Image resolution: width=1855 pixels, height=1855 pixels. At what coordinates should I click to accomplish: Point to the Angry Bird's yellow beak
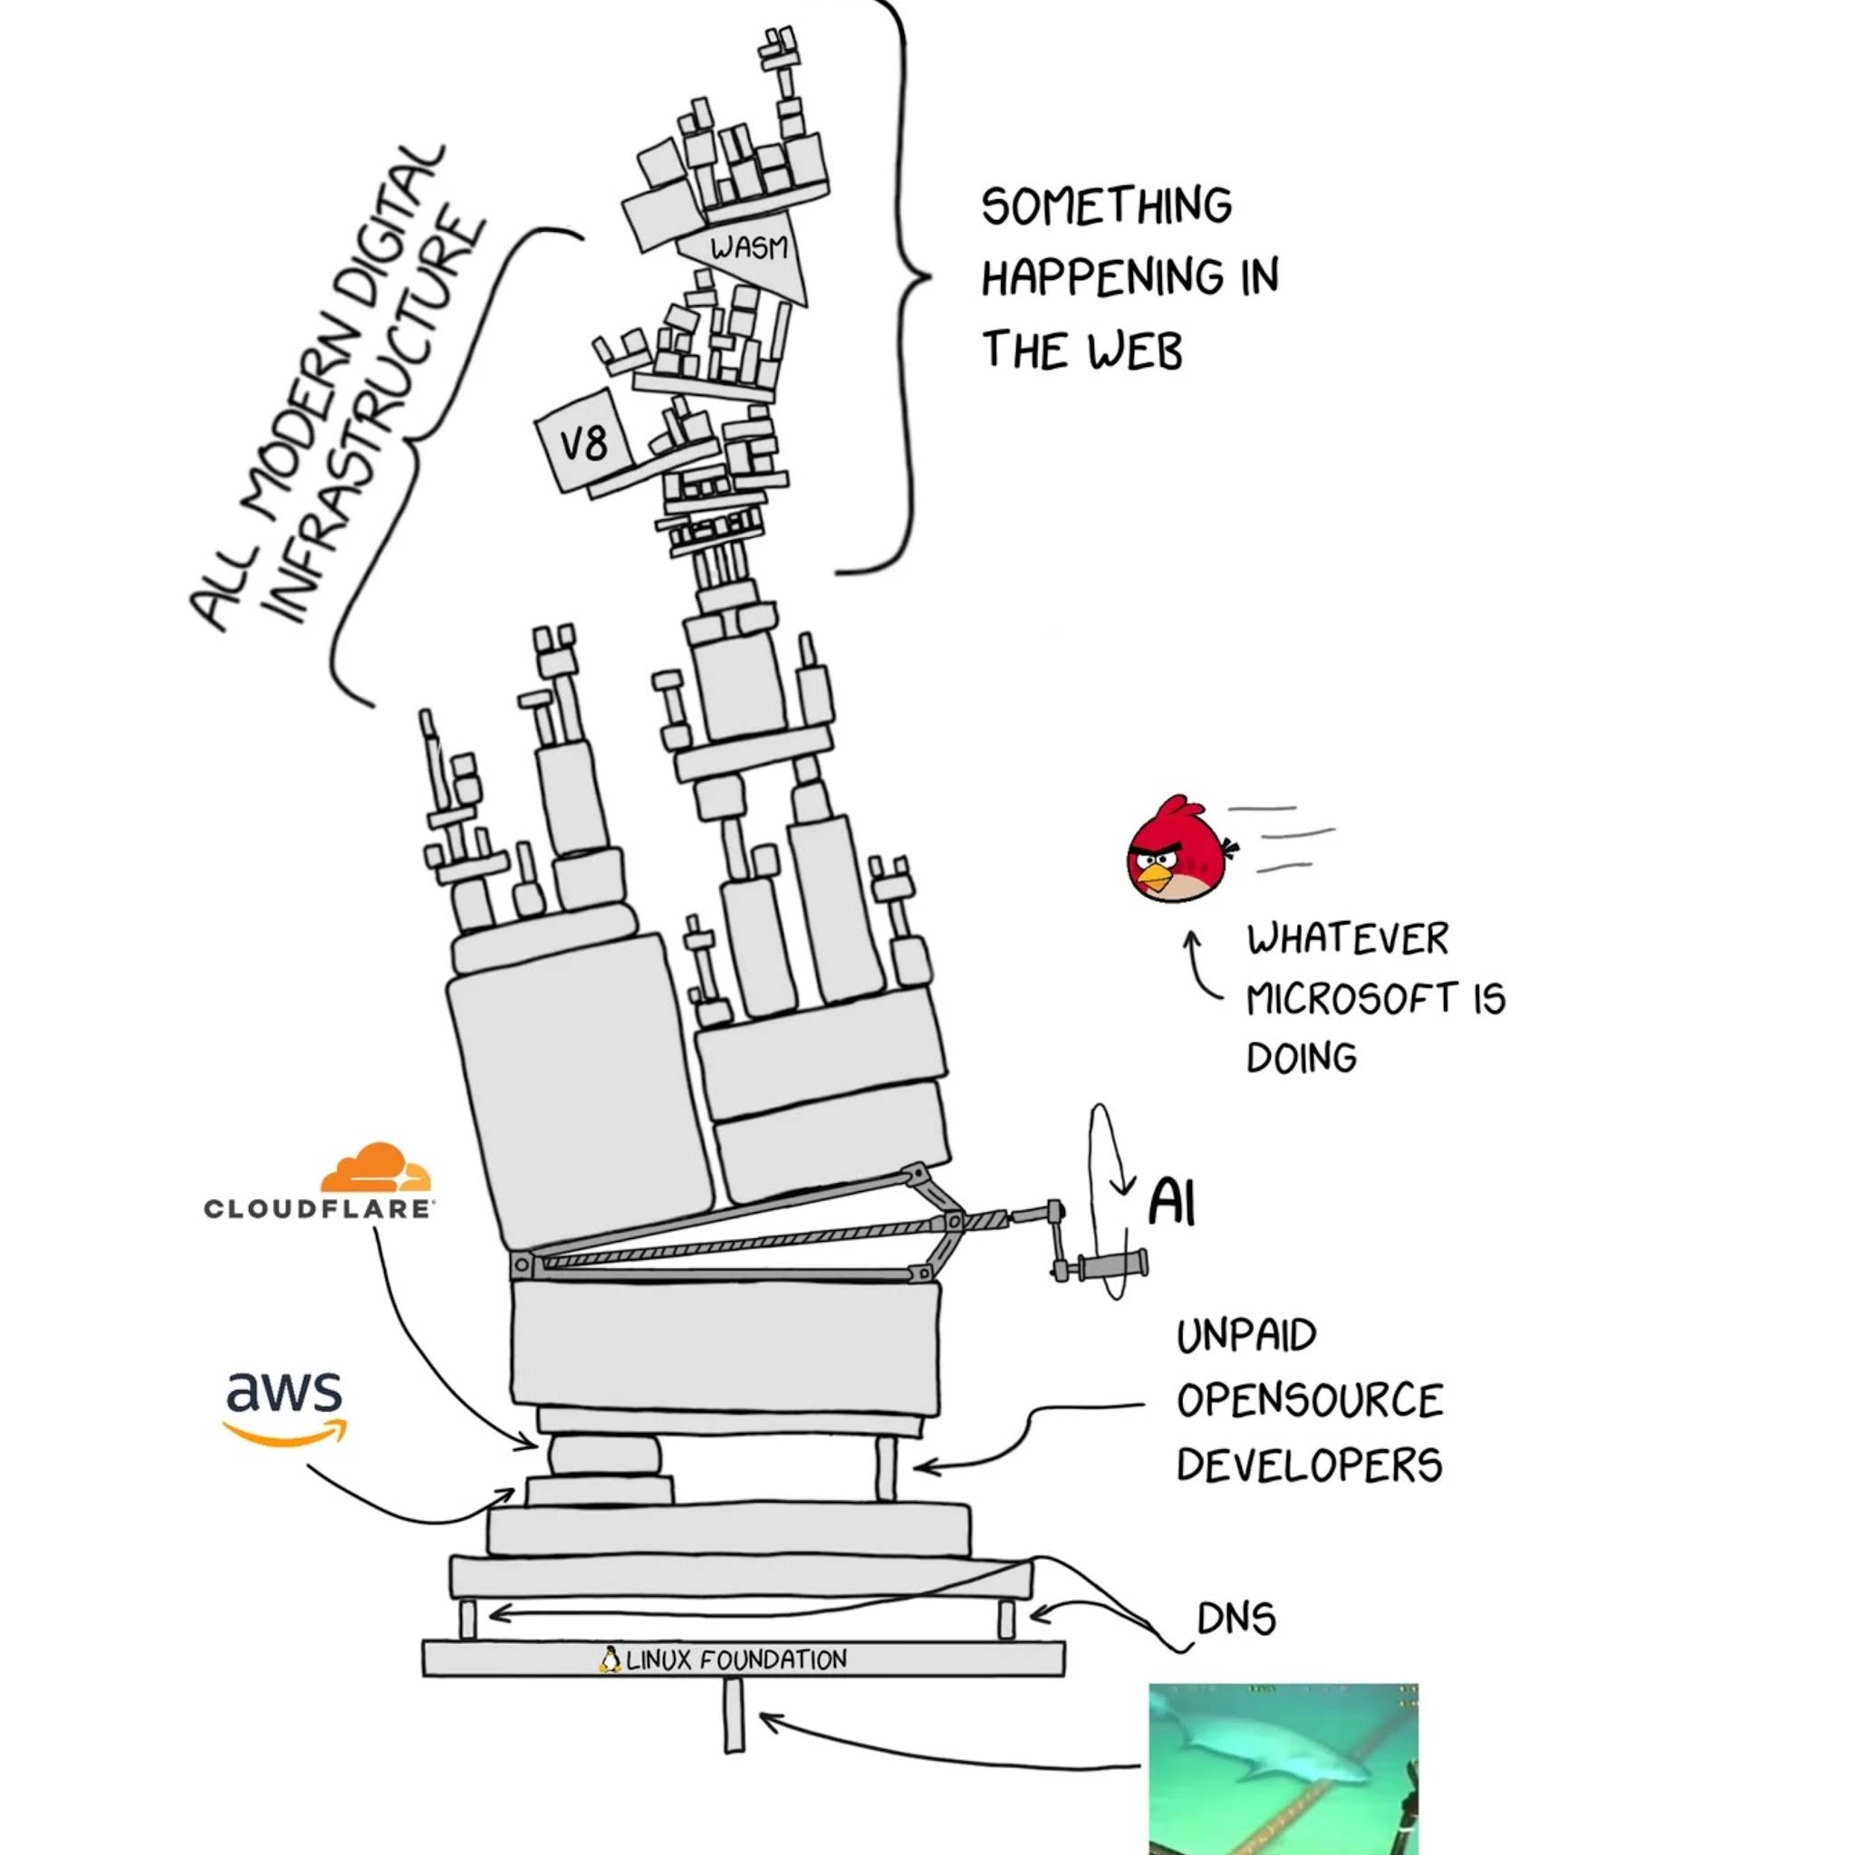coord(1155,876)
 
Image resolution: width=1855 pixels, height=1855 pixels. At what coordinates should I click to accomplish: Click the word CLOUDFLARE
coord(319,1209)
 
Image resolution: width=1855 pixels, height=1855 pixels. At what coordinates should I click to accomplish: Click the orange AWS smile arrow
coord(285,1434)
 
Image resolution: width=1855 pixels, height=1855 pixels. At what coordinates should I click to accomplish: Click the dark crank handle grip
coord(1114,1264)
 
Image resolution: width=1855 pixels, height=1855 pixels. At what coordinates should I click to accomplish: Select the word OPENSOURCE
coord(1310,1401)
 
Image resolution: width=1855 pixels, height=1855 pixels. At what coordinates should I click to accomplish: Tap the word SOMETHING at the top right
coord(1106,206)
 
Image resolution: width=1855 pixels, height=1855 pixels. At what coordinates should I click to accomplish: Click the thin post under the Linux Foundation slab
coord(734,1715)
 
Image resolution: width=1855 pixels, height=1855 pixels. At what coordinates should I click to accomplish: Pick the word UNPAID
coord(1246,1336)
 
